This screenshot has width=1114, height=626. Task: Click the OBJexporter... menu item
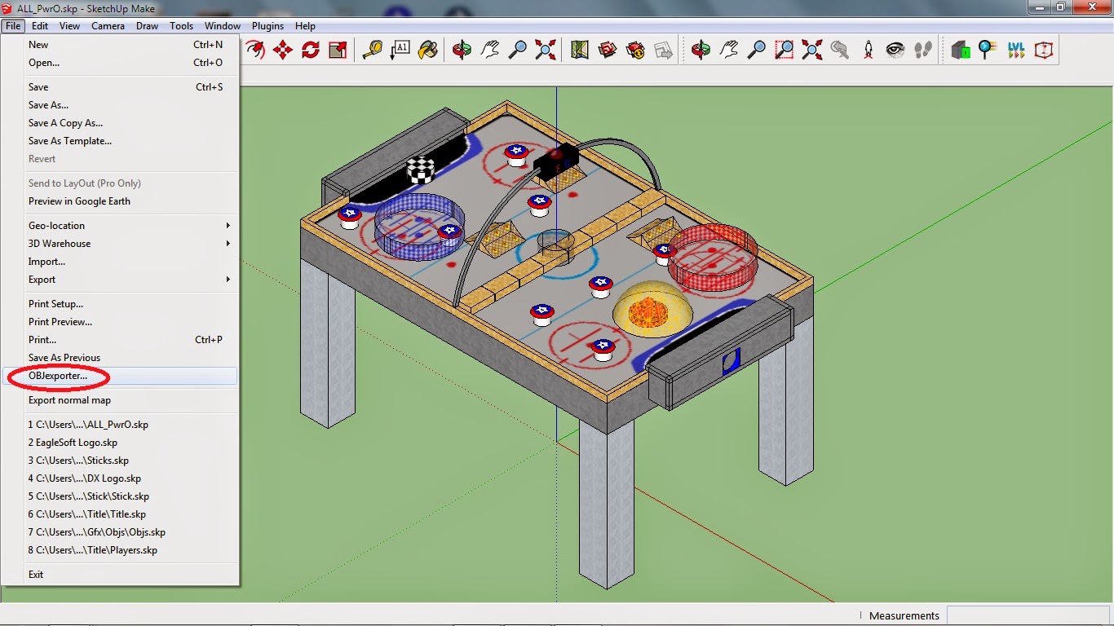coord(58,376)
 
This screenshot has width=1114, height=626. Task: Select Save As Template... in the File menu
coord(69,141)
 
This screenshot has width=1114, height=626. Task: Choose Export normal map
coord(69,399)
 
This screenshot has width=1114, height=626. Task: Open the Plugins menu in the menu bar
coord(267,26)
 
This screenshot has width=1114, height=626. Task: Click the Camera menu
coord(108,26)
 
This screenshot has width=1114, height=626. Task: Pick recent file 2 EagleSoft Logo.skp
coord(73,442)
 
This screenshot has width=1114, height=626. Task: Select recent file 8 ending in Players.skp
coord(92,550)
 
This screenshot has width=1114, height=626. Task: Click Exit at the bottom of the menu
coord(36,575)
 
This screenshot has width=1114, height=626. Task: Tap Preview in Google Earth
coord(79,201)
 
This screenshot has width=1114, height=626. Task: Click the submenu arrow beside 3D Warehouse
coord(228,243)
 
